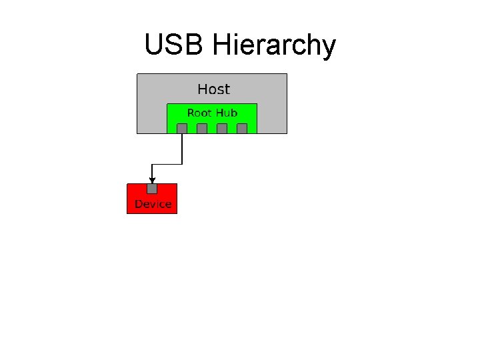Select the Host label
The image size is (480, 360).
pyautogui.click(x=213, y=89)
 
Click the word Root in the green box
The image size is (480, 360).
pyautogui.click(x=199, y=113)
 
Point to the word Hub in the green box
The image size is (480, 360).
pyautogui.click(x=226, y=113)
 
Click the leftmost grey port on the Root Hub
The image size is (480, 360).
pyautogui.click(x=182, y=128)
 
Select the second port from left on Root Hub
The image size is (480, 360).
pyautogui.click(x=202, y=128)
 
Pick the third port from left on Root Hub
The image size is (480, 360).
pyautogui.click(x=222, y=128)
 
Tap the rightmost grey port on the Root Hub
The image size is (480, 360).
pyautogui.click(x=242, y=128)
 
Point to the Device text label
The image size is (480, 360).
pyautogui.click(x=153, y=204)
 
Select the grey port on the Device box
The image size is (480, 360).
pyautogui.click(x=152, y=189)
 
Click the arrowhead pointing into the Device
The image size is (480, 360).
pyautogui.click(x=152, y=179)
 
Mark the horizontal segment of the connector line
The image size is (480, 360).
pyautogui.click(x=167, y=164)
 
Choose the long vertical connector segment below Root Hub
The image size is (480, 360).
pyautogui.click(x=182, y=148)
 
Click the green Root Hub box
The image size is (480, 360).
pyautogui.click(x=211, y=117)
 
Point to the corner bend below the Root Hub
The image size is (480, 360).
pyautogui.click(x=182, y=164)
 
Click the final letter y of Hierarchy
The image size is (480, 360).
pyautogui.click(x=328, y=48)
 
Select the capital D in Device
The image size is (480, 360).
pyautogui.click(x=139, y=204)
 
